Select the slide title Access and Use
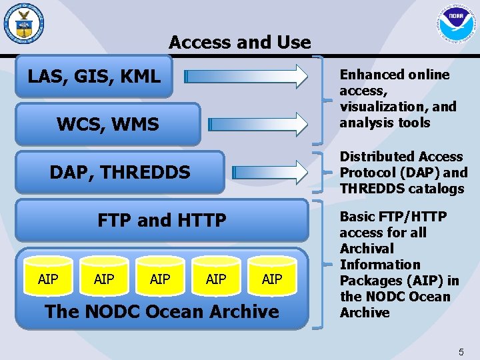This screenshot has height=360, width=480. [239, 43]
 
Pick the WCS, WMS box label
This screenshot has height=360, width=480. [107, 124]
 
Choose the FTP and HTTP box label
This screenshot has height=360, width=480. [161, 220]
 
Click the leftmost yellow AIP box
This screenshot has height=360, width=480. [48, 279]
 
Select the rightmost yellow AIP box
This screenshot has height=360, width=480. [272, 279]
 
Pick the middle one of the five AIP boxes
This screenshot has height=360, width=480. [160, 279]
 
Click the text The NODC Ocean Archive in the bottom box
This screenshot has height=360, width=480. [161, 311]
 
